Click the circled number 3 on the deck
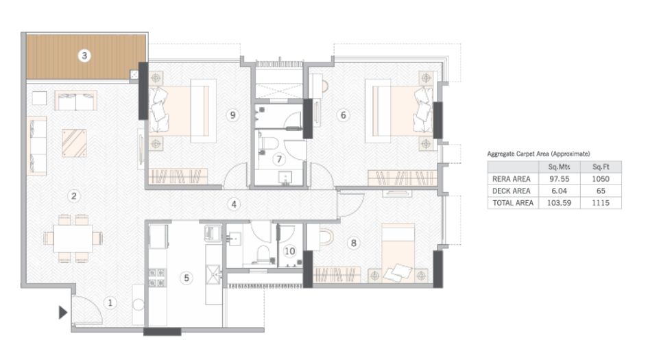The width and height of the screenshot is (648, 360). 84,56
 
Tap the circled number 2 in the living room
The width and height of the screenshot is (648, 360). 74,196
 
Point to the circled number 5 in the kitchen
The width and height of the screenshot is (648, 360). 185,278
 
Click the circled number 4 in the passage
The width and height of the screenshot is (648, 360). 234,204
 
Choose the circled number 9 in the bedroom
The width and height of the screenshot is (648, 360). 233,115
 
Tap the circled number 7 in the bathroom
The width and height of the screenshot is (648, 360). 278,159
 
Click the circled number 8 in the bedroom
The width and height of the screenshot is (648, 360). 354,242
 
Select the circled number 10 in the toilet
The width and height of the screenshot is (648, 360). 290,251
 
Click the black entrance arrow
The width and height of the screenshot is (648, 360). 62,313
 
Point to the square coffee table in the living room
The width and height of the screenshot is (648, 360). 74,143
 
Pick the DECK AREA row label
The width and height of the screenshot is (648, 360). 509,191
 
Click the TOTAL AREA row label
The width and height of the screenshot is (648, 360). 510,203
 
